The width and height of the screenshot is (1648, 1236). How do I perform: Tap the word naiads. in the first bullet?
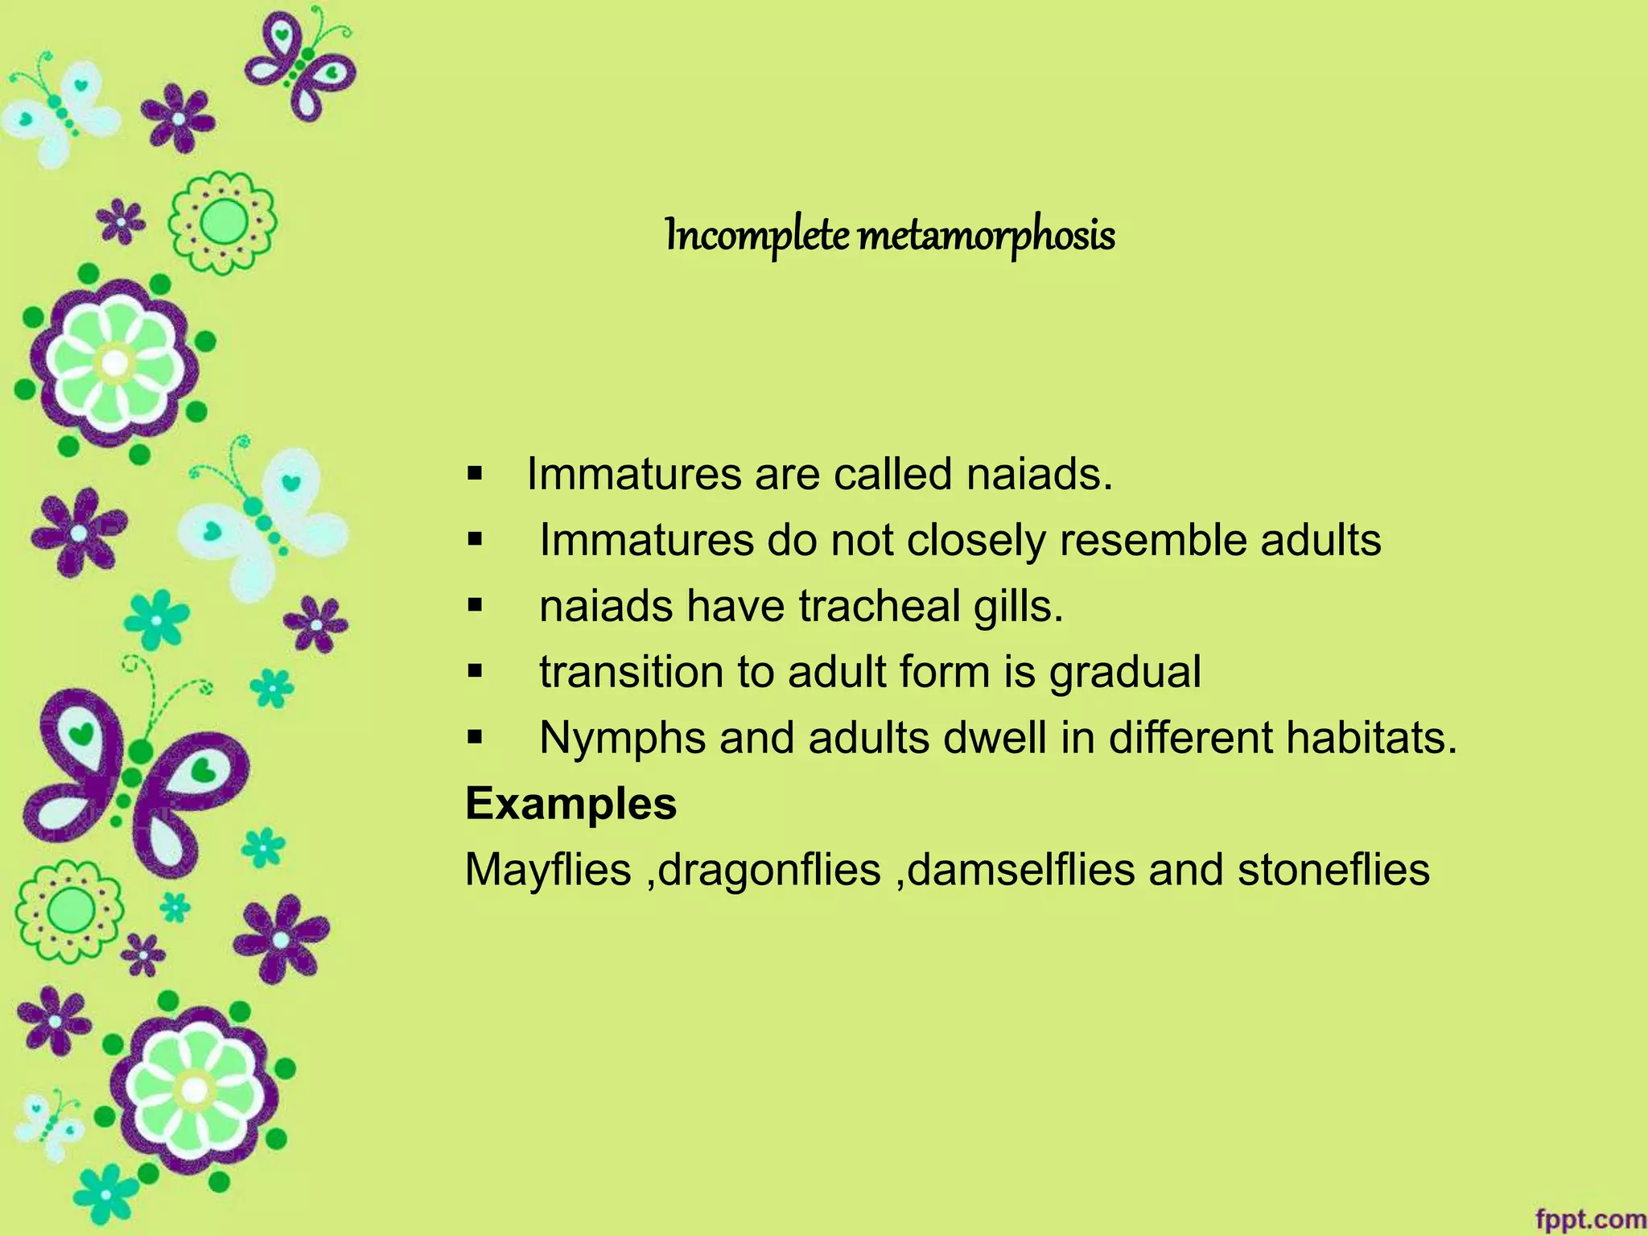click(1039, 474)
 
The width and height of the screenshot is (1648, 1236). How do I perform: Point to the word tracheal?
click(880, 606)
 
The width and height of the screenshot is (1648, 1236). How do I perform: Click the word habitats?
click(1371, 738)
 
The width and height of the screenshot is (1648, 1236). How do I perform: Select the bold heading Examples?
click(571, 804)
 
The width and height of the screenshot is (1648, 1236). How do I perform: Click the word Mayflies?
click(548, 870)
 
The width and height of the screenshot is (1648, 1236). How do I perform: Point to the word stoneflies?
click(1333, 870)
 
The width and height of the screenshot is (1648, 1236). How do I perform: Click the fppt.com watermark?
click(1590, 1218)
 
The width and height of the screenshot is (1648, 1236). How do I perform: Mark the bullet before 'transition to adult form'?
click(475, 670)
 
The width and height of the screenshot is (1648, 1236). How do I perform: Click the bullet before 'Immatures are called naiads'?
click(475, 472)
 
